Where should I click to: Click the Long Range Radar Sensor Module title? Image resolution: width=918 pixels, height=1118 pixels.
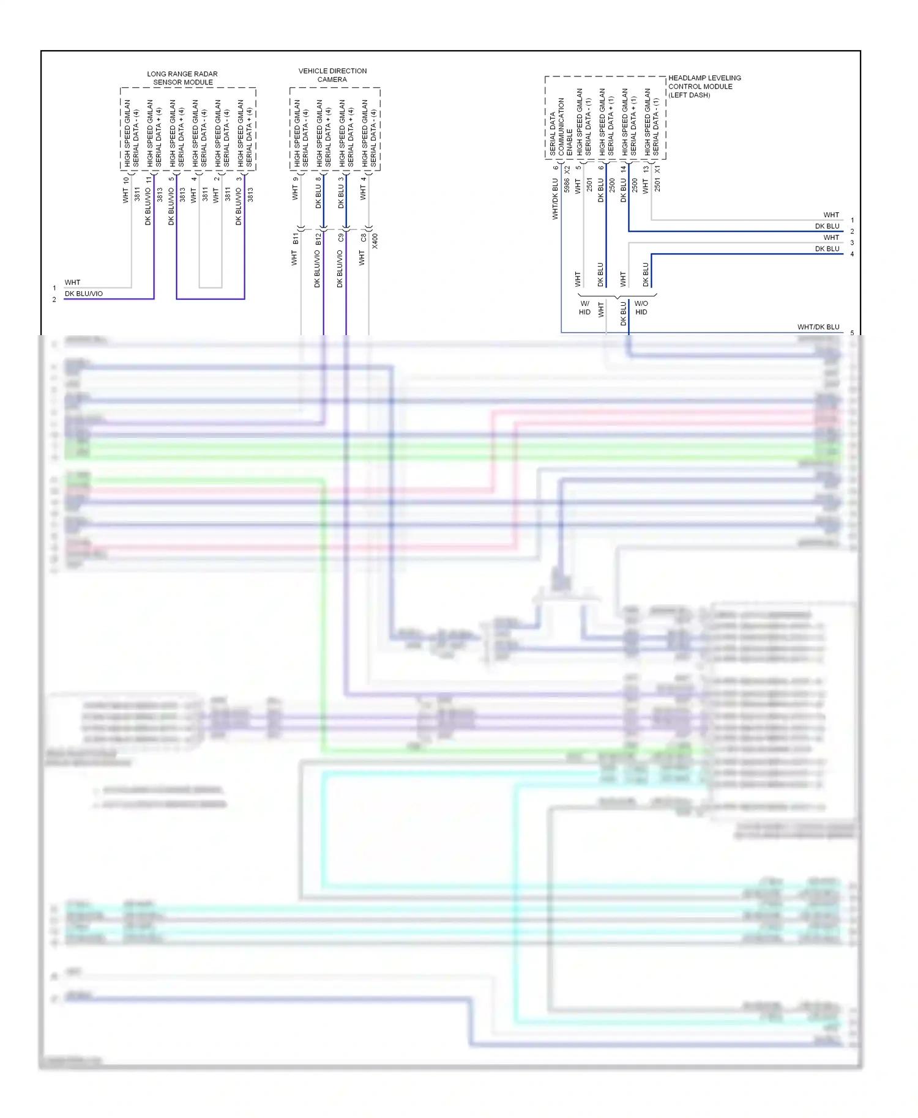click(182, 78)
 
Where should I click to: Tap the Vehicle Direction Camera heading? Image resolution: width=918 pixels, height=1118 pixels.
click(332, 75)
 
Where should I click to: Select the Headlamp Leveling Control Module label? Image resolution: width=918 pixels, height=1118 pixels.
click(704, 86)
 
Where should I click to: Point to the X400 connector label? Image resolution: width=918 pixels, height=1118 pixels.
click(375, 240)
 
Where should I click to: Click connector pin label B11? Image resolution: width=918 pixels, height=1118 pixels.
click(296, 238)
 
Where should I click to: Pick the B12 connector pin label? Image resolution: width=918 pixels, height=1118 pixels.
click(318, 239)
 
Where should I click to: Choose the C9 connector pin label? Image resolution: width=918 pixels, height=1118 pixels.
click(341, 237)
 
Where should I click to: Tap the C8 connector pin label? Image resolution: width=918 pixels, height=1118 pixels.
click(364, 237)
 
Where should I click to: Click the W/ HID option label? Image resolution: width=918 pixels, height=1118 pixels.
click(584, 308)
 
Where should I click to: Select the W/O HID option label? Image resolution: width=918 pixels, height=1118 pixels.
click(641, 308)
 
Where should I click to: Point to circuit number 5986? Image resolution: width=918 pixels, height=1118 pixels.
click(567, 185)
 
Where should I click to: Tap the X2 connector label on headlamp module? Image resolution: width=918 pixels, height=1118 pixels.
click(567, 169)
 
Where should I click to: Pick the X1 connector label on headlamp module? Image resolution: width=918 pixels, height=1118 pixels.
click(657, 169)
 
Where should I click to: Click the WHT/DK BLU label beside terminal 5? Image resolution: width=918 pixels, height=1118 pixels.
click(818, 327)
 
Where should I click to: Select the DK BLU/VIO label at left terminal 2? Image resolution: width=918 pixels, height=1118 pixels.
click(84, 294)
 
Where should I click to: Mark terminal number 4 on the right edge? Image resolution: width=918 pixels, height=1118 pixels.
click(852, 254)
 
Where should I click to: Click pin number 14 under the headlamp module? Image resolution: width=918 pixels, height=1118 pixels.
click(623, 168)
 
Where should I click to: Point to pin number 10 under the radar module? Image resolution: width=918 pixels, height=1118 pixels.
click(126, 180)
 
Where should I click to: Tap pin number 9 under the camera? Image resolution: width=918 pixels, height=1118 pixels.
click(296, 180)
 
